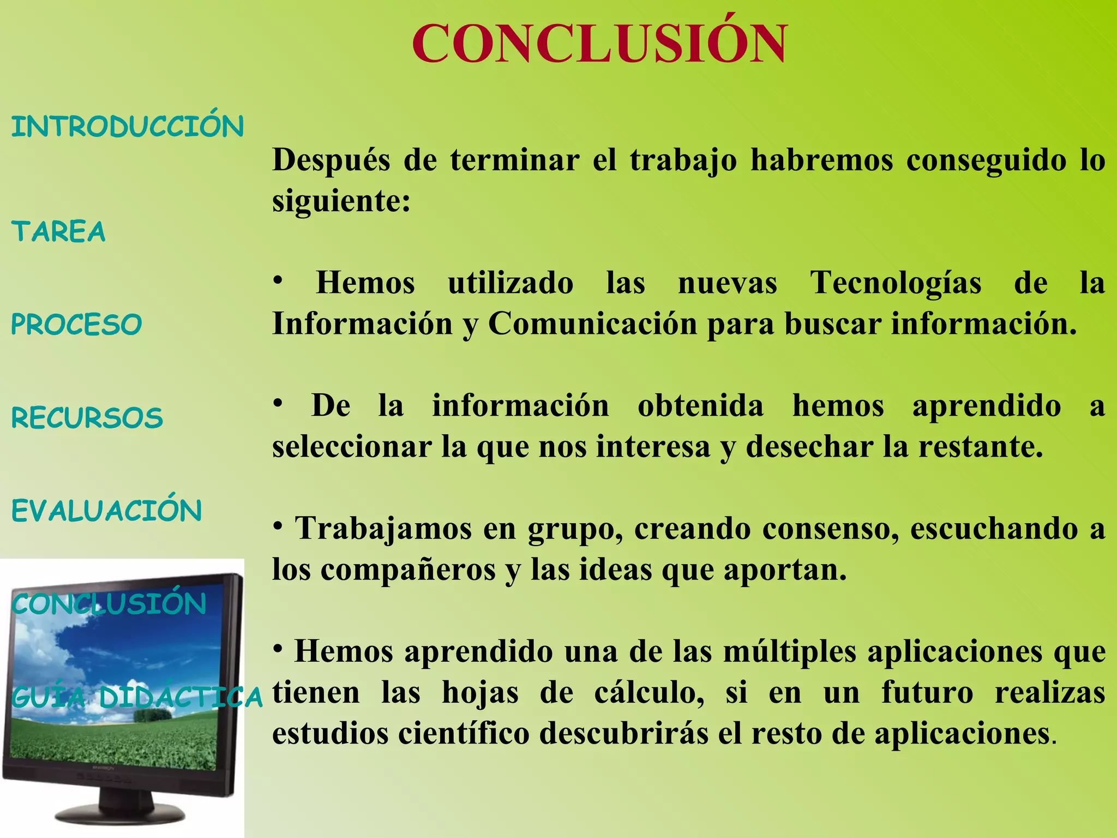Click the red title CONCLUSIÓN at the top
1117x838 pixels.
(x=599, y=44)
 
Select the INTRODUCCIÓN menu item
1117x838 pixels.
(x=127, y=127)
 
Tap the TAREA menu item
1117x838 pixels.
(x=58, y=231)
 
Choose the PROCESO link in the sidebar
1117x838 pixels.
(x=76, y=325)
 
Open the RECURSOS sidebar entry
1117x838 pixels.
(x=87, y=418)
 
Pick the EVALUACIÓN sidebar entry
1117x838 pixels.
(x=107, y=511)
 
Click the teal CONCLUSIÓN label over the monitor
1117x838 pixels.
(x=109, y=604)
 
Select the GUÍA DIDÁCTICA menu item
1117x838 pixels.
(x=136, y=697)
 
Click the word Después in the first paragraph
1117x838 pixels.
(x=331, y=160)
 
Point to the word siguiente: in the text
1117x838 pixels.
(x=341, y=201)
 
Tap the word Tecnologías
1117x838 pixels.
(x=896, y=283)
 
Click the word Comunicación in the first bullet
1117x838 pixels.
(x=592, y=324)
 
